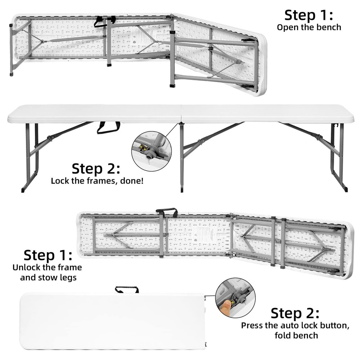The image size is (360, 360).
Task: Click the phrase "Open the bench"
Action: click(x=309, y=27)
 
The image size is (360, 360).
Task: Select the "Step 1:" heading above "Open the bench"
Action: click(x=309, y=15)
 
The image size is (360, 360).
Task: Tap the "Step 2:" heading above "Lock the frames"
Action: click(x=96, y=168)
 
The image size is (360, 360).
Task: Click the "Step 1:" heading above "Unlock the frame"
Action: click(x=48, y=255)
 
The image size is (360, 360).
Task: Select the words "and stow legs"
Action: click(x=48, y=278)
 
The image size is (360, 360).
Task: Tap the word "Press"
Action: click(x=253, y=325)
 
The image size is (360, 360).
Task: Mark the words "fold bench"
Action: click(x=296, y=336)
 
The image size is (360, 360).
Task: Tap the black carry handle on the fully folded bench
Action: click(x=127, y=289)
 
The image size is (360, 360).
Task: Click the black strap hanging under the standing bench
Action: click(x=108, y=127)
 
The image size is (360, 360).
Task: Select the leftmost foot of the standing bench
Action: click(x=23, y=189)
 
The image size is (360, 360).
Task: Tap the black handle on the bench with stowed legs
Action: click(x=167, y=211)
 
